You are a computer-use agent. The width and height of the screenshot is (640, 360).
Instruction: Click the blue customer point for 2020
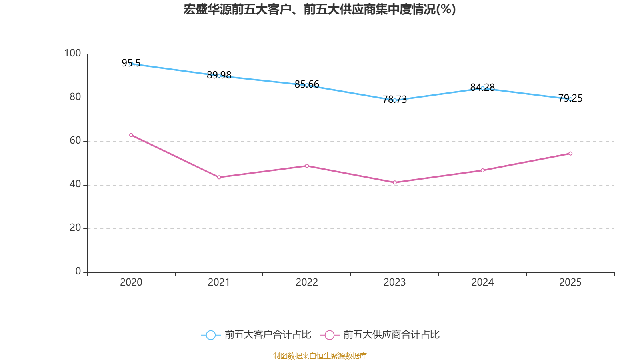coord(131,64)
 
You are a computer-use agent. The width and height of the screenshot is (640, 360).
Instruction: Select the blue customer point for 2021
coord(219,76)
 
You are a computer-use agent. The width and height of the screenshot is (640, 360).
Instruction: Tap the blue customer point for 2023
coord(395,100)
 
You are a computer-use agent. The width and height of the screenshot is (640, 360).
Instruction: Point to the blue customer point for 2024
coord(482,88)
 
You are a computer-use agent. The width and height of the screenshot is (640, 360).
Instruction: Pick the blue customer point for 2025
coord(570,99)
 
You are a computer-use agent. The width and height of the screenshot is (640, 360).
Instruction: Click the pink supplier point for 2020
coord(131,135)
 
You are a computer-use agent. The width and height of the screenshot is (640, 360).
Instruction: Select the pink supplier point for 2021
coord(219,177)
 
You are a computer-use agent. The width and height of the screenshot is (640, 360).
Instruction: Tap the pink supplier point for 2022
coord(307,166)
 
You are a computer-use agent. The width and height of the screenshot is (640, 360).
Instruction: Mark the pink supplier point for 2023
coord(395,182)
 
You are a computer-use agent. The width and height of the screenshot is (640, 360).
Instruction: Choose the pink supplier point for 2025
coord(570,154)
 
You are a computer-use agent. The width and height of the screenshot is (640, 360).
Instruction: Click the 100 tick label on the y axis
coord(72,53)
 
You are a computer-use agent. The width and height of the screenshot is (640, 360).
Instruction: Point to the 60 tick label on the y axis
coord(75,140)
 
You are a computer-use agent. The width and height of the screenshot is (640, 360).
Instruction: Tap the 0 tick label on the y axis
coord(78,271)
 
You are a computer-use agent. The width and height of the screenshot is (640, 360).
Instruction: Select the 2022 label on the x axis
coord(307,282)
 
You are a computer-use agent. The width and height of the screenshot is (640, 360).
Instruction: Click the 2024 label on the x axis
coord(482,282)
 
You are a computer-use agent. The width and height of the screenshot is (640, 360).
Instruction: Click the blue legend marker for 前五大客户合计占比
coord(210,335)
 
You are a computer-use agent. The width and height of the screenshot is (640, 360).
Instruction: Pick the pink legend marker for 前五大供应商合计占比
coord(329,335)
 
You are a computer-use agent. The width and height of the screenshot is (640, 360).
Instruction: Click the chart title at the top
coord(320,9)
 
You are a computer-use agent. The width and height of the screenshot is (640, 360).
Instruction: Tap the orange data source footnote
coord(320,356)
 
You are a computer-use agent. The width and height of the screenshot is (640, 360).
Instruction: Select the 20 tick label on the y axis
coord(75,228)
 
